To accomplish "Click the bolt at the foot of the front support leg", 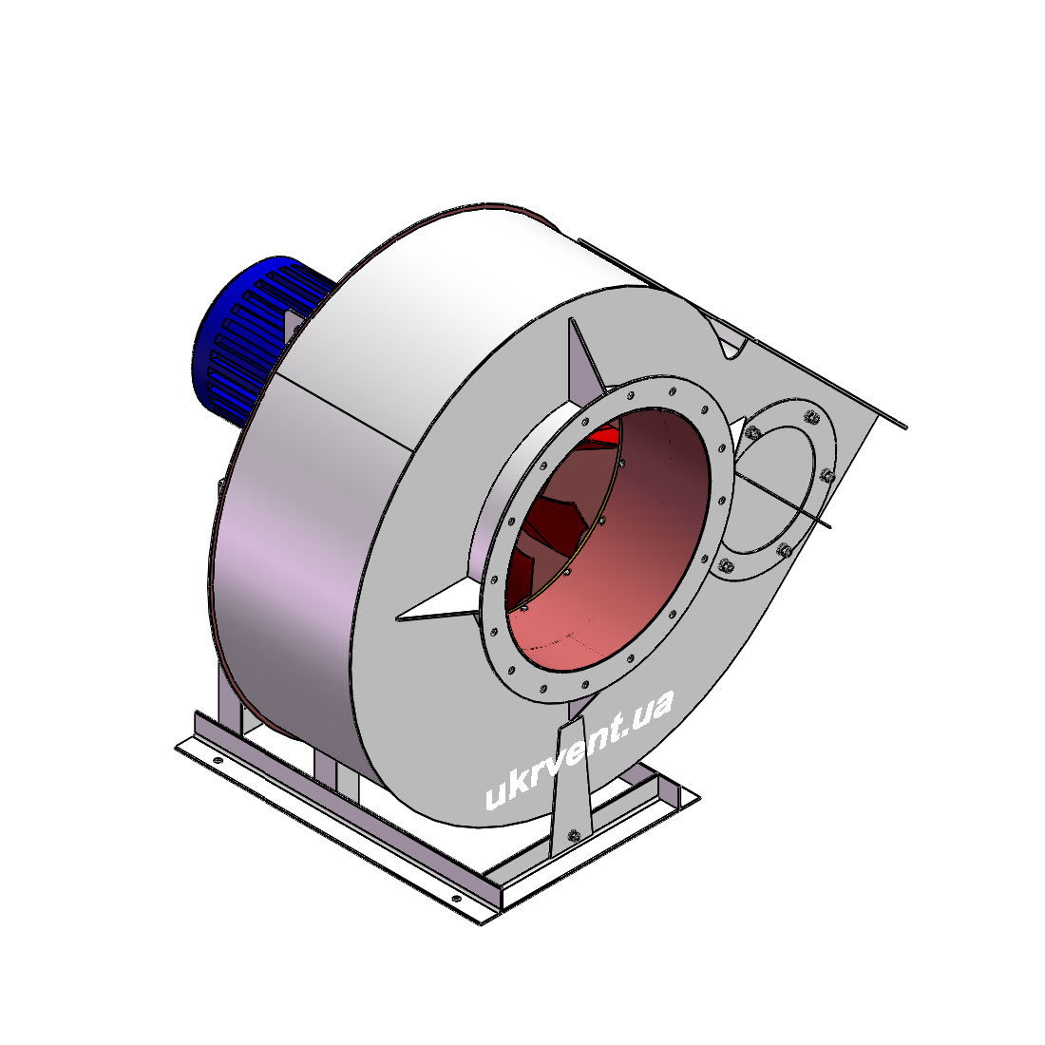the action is tap(573, 835).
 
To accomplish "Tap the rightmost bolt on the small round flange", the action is tap(827, 475).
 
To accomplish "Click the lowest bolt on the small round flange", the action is tap(727, 566).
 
